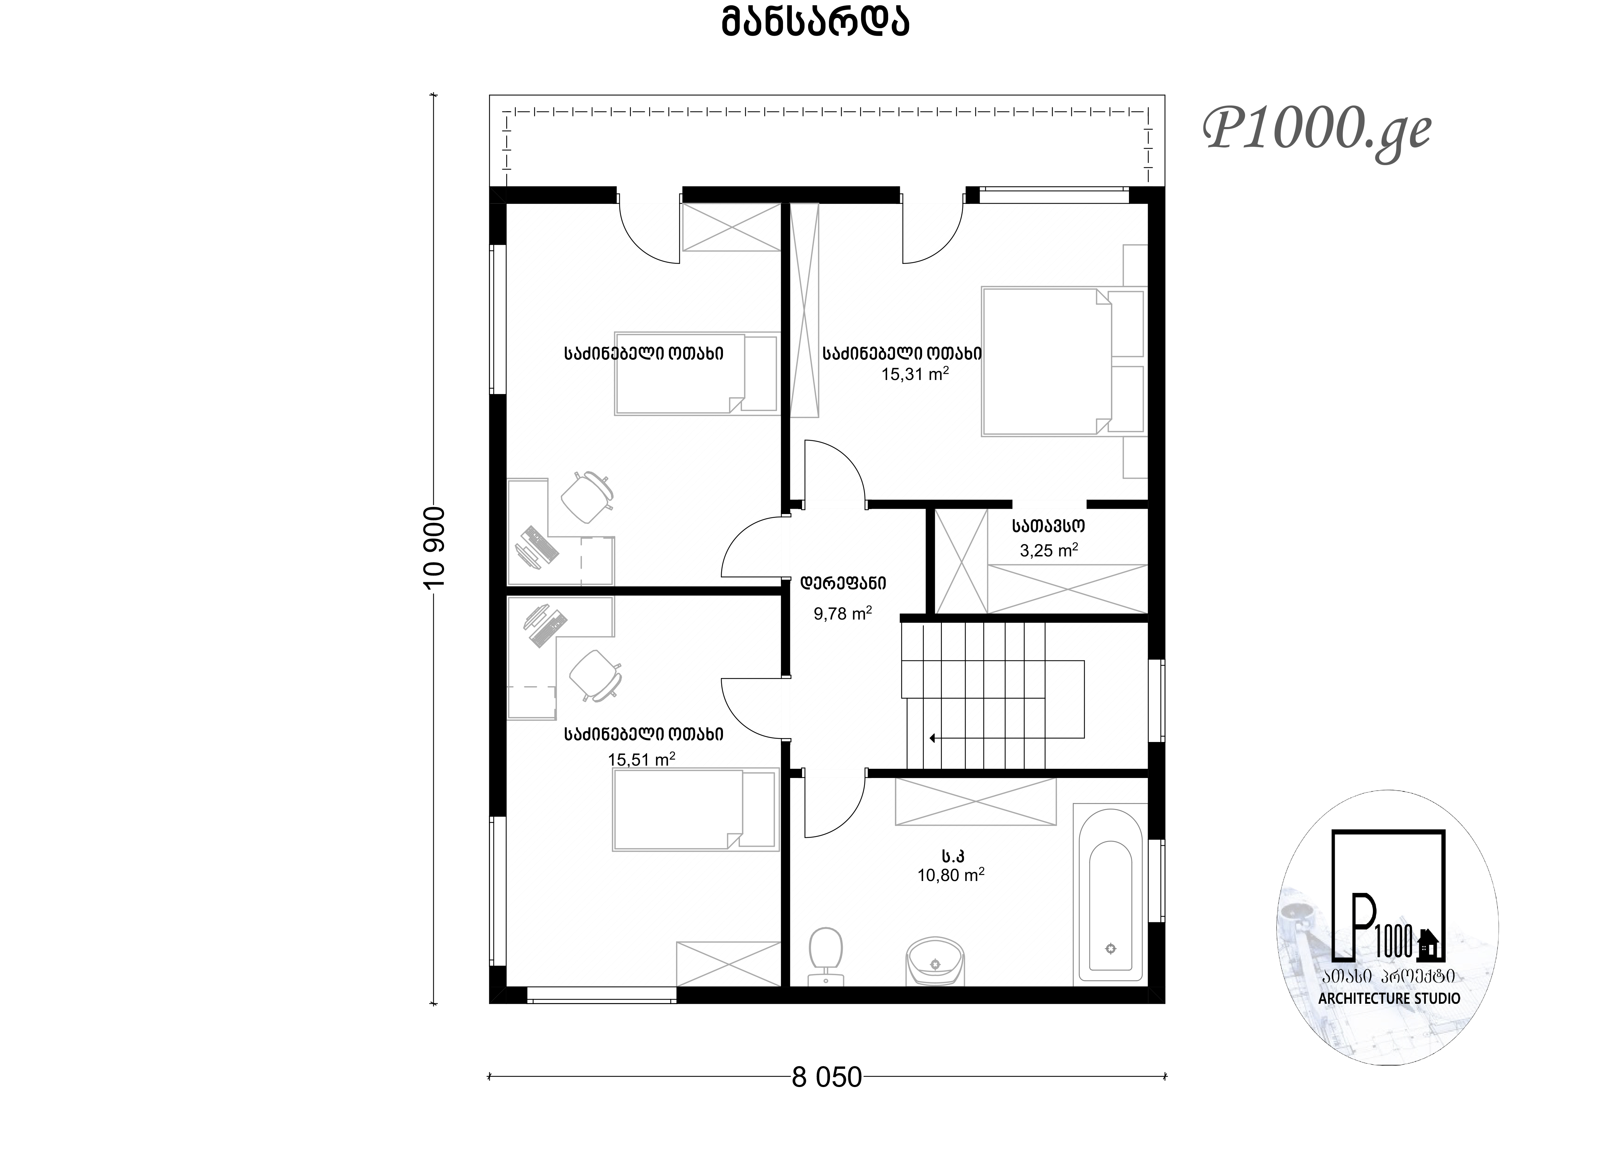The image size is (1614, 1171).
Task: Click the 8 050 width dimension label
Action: [x=827, y=1078]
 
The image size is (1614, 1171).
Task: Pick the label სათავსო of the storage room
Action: [x=1048, y=526]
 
